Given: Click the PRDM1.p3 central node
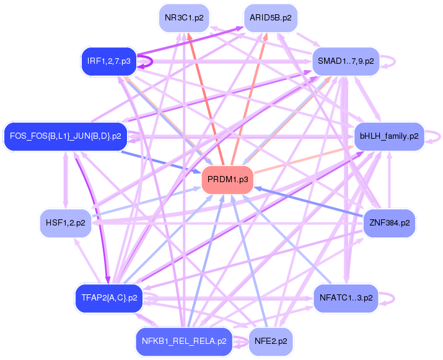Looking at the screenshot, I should [x=228, y=180].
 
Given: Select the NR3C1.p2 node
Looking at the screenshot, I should [x=184, y=18].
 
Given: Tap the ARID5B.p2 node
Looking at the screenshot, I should [x=270, y=18].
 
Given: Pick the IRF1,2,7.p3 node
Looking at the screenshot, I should [x=109, y=61].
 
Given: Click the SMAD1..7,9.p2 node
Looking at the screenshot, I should [x=345, y=61].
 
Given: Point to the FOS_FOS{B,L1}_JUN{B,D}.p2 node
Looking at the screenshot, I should [x=66, y=136].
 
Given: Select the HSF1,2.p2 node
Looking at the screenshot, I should [x=66, y=222].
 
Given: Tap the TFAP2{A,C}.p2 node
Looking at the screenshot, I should [x=109, y=297].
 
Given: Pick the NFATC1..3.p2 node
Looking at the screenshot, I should [x=346, y=297].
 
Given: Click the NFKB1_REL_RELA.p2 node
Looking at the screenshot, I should [x=184, y=340].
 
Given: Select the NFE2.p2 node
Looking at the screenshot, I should [x=270, y=340].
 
